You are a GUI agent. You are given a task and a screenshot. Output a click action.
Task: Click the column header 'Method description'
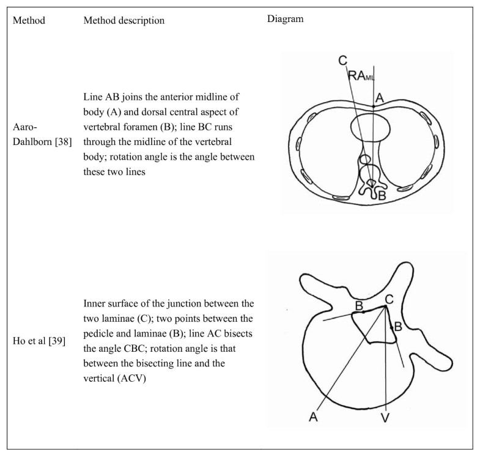(x=124, y=20)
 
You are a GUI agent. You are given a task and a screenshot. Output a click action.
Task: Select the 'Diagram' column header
(x=286, y=19)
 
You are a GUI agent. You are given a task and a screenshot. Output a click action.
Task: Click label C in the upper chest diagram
(x=342, y=60)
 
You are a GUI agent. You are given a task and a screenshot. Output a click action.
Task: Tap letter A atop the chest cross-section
(x=379, y=97)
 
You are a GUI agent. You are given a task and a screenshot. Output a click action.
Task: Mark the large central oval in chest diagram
(x=371, y=130)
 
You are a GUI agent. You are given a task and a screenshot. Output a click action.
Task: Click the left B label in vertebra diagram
(x=360, y=304)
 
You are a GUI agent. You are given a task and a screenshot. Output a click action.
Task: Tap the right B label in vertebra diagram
(x=398, y=327)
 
